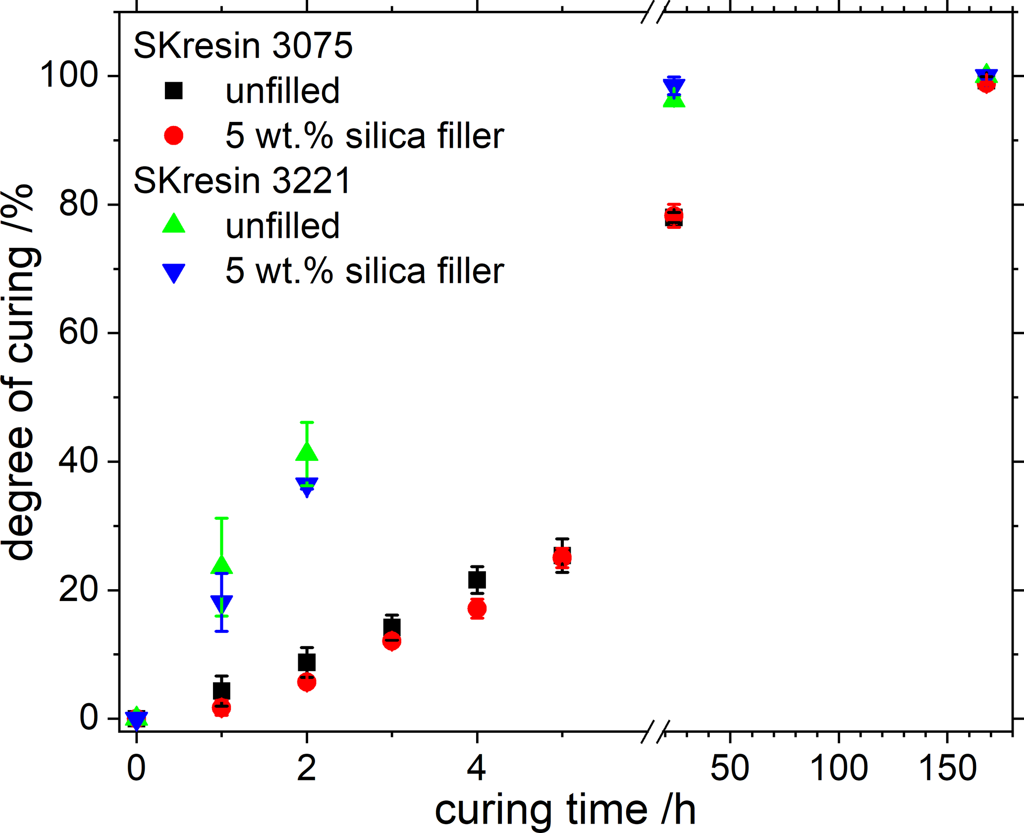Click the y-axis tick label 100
click(69, 76)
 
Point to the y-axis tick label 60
click(78, 333)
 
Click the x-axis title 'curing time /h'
click(565, 810)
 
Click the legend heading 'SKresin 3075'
click(243, 46)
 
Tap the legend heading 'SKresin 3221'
click(243, 180)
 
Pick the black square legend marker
click(174, 91)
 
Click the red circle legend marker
click(174, 135)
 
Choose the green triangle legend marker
click(174, 224)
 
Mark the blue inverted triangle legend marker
click(174, 273)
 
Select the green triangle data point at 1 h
click(221, 564)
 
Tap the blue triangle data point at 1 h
click(221, 603)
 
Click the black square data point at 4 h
click(477, 579)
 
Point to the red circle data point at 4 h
click(477, 609)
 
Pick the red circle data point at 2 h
click(307, 682)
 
